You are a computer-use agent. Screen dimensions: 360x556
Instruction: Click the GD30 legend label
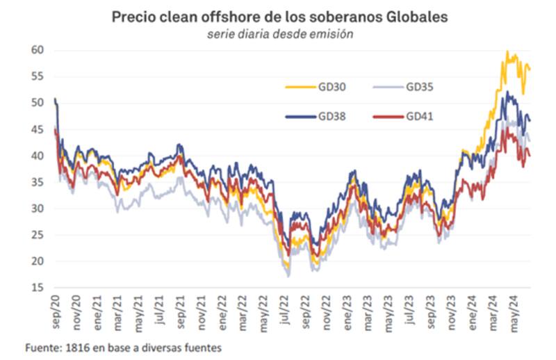tap(332, 87)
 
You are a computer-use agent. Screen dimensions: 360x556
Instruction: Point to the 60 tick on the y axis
tap(38, 50)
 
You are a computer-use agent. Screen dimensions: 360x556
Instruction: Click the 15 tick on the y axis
tap(38, 287)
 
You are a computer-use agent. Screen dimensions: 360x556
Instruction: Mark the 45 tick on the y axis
tap(38, 129)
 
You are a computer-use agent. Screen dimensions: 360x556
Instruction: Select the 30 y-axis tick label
tap(38, 208)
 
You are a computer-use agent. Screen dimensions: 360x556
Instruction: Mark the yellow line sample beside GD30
tap(300, 88)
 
